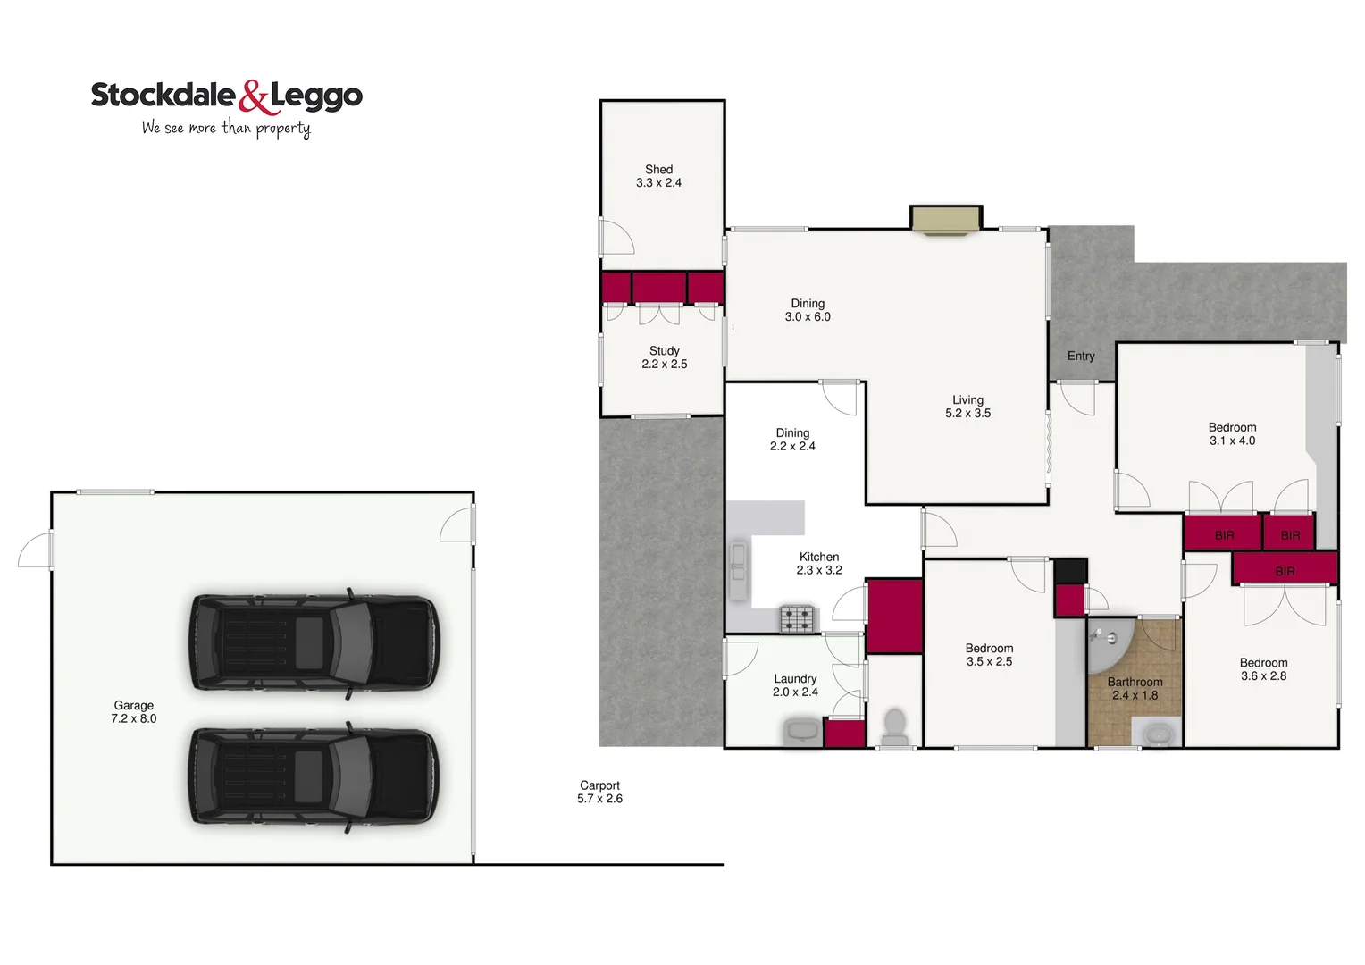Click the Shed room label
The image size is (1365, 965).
[658, 176]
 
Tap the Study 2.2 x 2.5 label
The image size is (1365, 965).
[664, 357]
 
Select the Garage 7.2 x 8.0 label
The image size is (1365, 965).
[133, 712]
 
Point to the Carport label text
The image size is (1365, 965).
[599, 792]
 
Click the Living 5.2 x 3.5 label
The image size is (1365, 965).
[967, 407]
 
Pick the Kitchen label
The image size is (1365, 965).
[819, 563]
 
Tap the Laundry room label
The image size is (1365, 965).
[795, 685]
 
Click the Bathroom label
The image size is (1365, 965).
[1135, 688]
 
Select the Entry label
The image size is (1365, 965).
[1081, 356]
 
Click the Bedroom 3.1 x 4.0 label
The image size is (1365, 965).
[1232, 434]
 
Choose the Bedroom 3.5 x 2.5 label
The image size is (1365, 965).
[989, 655]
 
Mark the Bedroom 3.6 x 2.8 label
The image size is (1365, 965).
[1263, 669]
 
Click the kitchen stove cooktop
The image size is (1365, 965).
[798, 618]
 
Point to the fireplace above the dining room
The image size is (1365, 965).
[945, 220]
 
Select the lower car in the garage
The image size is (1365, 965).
[313, 776]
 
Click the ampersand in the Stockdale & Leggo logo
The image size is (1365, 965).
[254, 96]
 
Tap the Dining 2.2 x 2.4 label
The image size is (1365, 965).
[792, 440]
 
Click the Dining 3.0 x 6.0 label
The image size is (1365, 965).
[808, 310]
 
